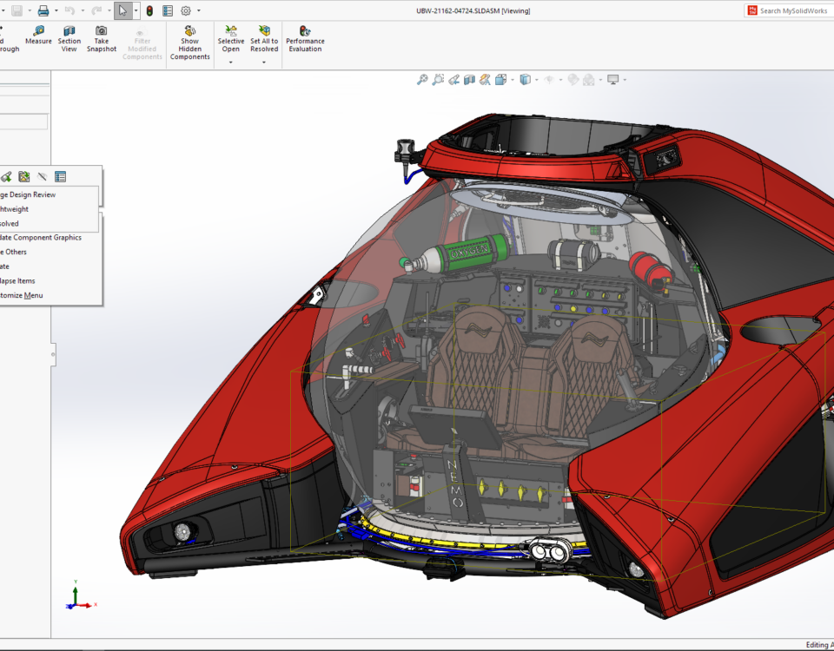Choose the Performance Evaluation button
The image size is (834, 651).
point(305,39)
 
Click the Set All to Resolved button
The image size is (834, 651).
point(264,39)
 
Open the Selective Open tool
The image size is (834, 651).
point(231,39)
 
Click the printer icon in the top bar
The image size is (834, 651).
point(43,10)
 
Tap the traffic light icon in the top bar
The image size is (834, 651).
point(149,10)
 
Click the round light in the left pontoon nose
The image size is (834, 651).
point(182,531)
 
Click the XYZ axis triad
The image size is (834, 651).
point(77,598)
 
